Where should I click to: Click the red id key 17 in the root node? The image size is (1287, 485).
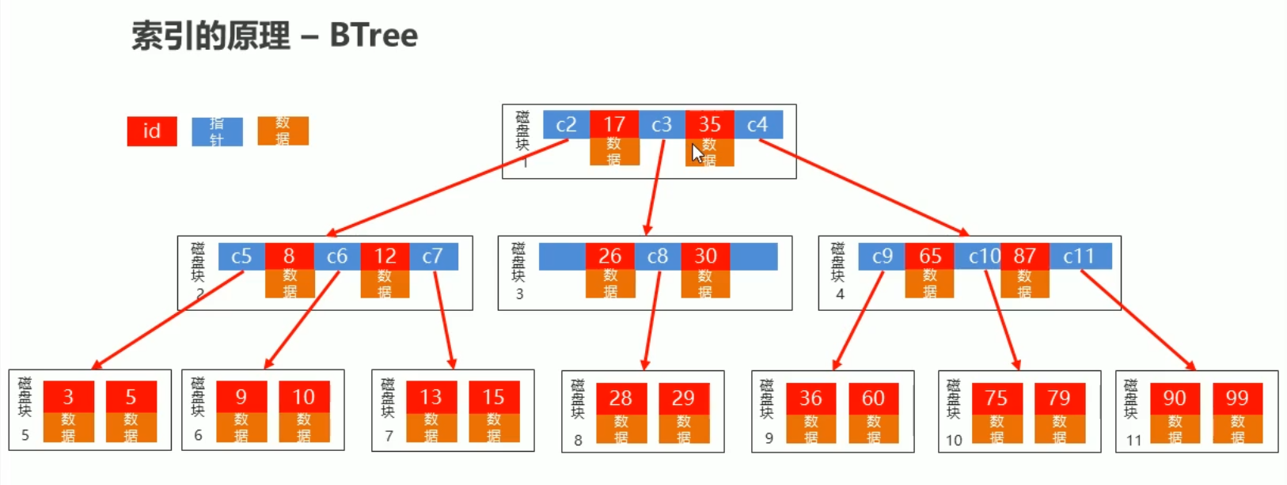[x=614, y=124]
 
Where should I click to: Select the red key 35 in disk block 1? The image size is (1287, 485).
[x=709, y=124]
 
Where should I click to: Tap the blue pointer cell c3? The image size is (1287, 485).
[x=662, y=124]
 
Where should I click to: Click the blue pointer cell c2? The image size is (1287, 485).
[x=566, y=124]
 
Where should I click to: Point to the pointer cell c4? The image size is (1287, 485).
[x=757, y=124]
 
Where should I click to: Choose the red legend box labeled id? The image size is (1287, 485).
[x=151, y=131]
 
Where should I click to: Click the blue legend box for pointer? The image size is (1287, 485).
[x=217, y=131]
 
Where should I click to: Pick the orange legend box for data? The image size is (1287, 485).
[x=283, y=131]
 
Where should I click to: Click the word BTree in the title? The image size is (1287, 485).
[x=374, y=36]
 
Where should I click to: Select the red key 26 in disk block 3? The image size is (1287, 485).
[x=609, y=256]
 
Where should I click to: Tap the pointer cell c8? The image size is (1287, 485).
[x=658, y=256]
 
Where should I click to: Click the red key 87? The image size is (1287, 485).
[x=1024, y=256]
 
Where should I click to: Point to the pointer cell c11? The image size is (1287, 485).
[x=1079, y=256]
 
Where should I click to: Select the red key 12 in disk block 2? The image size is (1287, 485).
[x=385, y=256]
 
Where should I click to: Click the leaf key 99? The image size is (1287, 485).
[x=1237, y=397]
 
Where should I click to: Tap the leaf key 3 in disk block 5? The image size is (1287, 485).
[x=68, y=396]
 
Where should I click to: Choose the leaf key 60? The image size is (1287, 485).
[x=873, y=397]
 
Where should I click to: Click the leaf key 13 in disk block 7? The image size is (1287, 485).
[x=431, y=396]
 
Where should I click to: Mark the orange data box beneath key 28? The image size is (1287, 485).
[x=621, y=429]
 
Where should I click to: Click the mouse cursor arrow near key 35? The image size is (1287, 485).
[x=697, y=153]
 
